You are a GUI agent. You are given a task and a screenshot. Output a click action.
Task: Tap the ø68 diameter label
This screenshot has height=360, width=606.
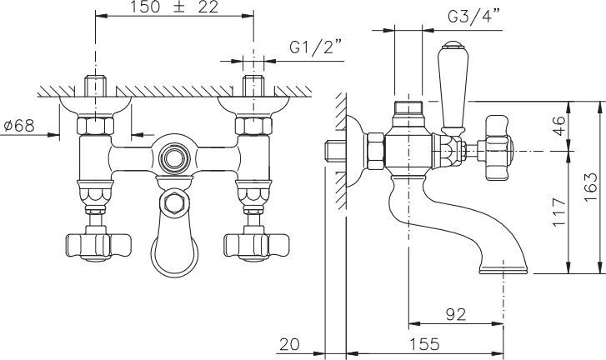19,126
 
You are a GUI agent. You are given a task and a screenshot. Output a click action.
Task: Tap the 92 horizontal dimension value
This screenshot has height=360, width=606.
455,315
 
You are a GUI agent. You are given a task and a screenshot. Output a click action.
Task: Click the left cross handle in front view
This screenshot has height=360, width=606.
87,245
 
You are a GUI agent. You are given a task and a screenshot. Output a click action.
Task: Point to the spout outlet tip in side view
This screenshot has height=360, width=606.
503,269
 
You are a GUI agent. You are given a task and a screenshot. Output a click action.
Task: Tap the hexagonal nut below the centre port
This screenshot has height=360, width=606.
173,202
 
